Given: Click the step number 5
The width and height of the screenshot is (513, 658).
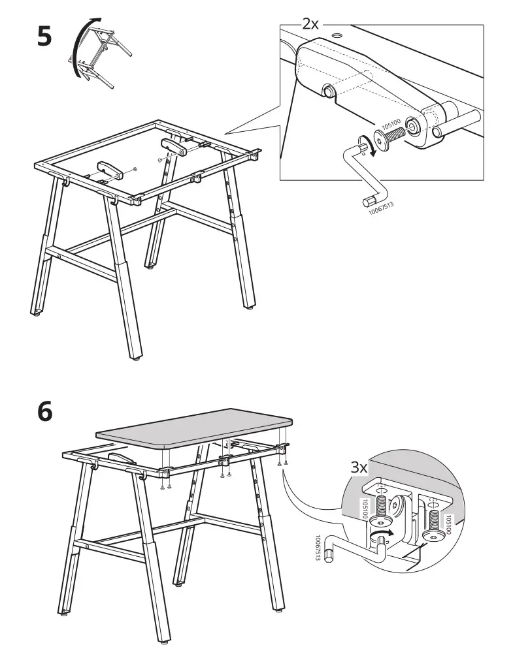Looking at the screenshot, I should point(44,36).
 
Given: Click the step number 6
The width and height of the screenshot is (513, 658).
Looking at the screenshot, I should point(44,413).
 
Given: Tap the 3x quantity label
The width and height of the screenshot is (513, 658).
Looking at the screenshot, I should point(359,467).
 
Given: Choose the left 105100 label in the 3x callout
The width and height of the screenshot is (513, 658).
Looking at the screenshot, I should point(364,510).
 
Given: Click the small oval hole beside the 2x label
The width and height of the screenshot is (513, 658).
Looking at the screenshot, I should point(338,33).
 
